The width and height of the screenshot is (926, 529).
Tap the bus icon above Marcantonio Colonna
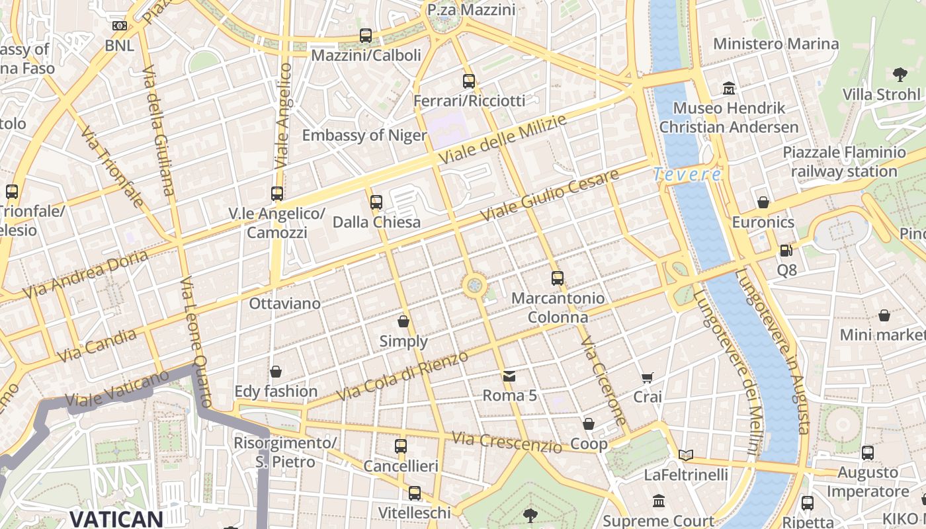click(558, 278)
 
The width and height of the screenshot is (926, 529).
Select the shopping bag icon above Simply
click(403, 322)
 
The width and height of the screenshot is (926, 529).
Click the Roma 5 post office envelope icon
click(509, 376)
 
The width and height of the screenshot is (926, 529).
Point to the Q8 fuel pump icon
click(786, 251)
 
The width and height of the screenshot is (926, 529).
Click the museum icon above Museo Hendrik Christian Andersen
click(729, 88)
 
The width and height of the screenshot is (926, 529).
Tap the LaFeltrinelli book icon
click(686, 455)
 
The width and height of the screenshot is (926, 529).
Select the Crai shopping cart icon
click(647, 378)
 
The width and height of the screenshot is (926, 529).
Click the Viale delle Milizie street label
click(503, 140)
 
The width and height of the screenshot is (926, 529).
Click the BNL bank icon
click(119, 26)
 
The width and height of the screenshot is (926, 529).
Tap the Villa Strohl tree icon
click(900, 74)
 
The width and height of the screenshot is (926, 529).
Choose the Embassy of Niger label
click(364, 136)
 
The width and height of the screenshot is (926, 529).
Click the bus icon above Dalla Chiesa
click(376, 202)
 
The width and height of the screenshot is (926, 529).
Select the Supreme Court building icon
click(659, 501)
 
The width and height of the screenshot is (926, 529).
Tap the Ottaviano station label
click(284, 304)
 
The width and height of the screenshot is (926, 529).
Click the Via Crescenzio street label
click(507, 442)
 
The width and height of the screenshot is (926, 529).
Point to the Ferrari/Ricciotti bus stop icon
click(469, 81)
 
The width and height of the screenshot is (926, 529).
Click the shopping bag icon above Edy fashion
click(276, 372)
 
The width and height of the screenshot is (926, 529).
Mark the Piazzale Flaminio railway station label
click(844, 162)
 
